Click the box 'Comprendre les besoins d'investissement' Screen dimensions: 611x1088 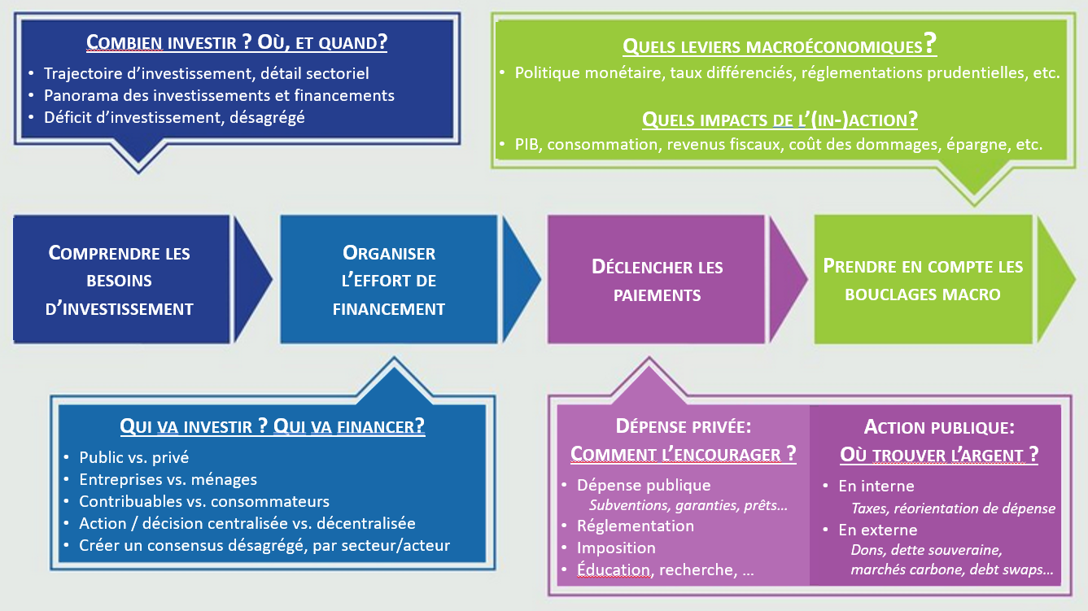[120, 280]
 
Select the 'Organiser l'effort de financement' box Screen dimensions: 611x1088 [388, 280]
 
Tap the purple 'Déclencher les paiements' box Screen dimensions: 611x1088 [657, 280]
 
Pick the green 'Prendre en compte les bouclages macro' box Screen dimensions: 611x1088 [923, 280]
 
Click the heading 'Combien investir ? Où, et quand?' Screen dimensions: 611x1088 [237, 42]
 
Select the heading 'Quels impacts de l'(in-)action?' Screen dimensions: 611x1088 [779, 120]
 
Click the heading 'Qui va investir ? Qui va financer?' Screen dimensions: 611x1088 [272, 426]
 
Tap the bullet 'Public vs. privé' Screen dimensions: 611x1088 [133, 457]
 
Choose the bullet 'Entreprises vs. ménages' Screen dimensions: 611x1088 [168, 479]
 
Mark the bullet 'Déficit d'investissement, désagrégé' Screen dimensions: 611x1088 [174, 116]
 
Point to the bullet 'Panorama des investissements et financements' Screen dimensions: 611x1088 [219, 95]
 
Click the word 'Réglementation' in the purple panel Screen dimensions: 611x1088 [636, 526]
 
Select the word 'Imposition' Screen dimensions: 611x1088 [616, 548]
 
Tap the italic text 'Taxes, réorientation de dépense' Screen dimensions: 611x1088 [953, 508]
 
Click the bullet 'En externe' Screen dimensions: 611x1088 [877, 530]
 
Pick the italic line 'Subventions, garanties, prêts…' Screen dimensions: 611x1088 [688, 505]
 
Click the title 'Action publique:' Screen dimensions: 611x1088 [939, 427]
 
